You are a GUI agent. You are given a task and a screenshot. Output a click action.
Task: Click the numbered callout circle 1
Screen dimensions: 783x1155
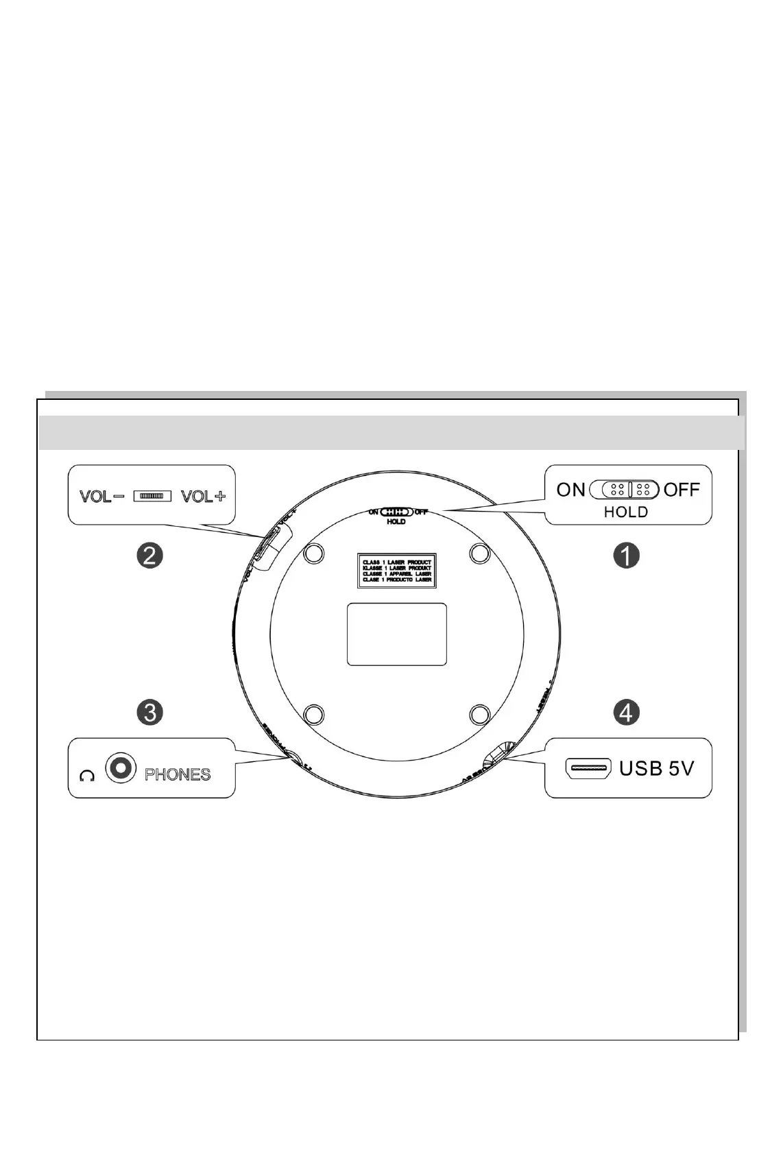(x=626, y=556)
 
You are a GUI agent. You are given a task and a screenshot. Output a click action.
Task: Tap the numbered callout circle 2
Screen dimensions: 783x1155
(x=149, y=554)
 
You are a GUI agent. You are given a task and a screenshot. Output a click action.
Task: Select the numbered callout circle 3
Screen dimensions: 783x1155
(x=149, y=712)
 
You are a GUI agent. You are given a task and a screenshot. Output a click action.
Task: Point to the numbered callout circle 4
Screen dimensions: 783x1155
(x=626, y=713)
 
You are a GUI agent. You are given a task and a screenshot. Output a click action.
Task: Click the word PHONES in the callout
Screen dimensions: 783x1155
(x=178, y=774)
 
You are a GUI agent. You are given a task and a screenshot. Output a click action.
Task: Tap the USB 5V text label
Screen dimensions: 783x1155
(x=656, y=768)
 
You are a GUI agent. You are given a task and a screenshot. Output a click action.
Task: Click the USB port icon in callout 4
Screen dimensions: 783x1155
(x=588, y=768)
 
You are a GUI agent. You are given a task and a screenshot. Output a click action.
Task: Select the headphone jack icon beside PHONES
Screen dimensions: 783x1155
(x=121, y=768)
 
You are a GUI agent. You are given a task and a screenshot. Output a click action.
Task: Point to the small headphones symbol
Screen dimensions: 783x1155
(x=86, y=776)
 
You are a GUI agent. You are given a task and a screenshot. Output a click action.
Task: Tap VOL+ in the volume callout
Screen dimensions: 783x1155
(x=203, y=496)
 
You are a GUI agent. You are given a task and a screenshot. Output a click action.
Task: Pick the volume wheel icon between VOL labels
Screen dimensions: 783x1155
(x=152, y=495)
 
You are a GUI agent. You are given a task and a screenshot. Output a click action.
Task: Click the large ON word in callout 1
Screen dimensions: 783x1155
(x=570, y=490)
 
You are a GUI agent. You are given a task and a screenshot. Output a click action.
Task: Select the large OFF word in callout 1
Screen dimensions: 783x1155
(x=682, y=490)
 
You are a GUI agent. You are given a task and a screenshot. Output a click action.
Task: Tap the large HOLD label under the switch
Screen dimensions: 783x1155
(x=625, y=512)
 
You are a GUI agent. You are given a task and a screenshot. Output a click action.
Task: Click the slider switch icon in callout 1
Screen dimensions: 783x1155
(x=625, y=490)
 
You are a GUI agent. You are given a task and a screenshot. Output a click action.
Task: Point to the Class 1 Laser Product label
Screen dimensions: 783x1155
(x=397, y=571)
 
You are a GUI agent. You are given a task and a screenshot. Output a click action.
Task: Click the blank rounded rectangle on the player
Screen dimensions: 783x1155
(x=397, y=634)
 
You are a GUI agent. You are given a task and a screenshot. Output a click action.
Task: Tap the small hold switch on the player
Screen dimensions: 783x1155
(x=396, y=512)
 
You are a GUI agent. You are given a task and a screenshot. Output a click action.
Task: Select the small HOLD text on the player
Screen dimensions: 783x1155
(x=396, y=522)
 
